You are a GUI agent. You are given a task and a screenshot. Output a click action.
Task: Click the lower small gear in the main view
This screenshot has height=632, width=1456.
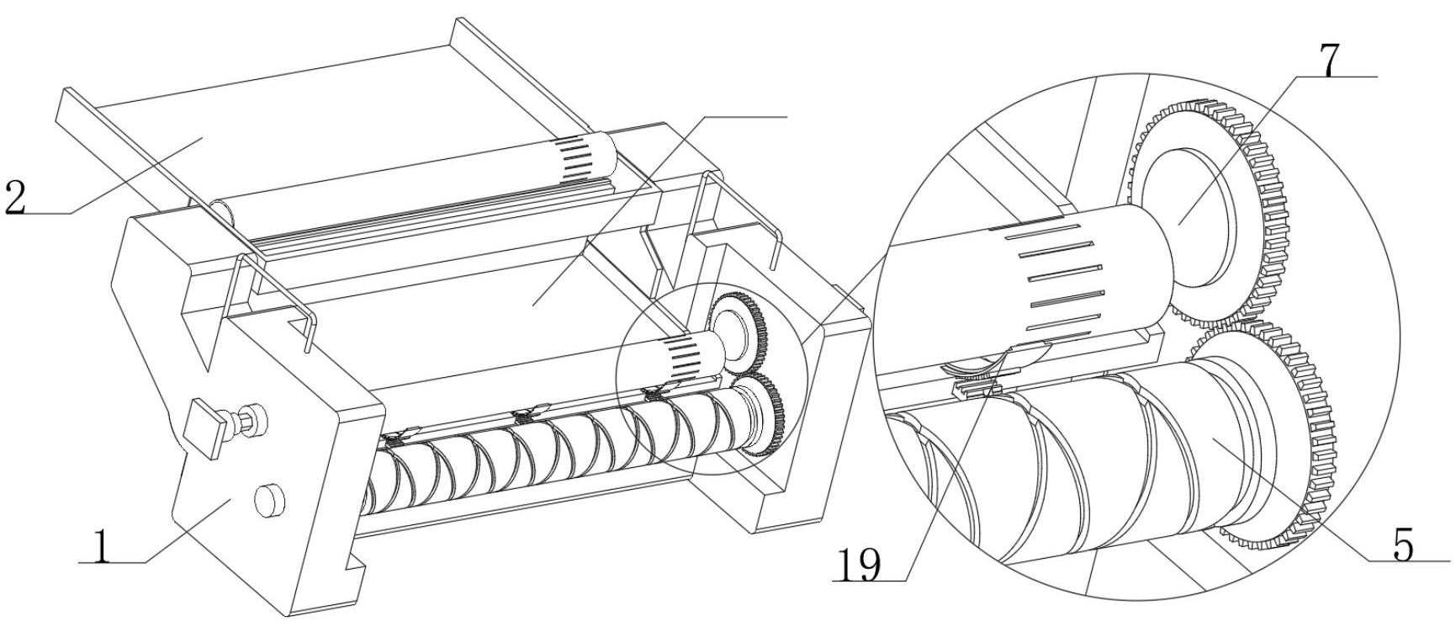765,417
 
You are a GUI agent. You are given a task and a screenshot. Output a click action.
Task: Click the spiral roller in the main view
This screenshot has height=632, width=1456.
547,454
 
